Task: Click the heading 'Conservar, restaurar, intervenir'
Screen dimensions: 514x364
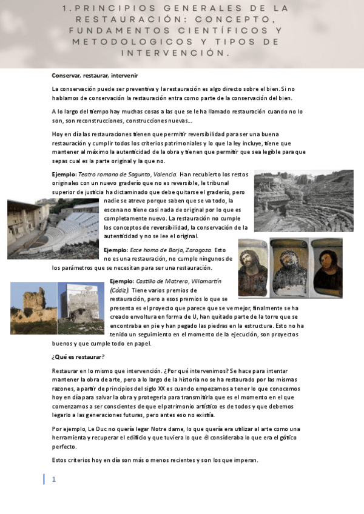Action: click(x=95, y=76)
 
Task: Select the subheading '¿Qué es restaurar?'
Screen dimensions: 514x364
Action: click(x=78, y=356)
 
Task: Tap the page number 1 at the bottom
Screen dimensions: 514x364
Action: click(x=53, y=479)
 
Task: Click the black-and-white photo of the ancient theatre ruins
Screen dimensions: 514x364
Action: click(x=303, y=201)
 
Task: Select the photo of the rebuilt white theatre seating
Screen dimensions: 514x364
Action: click(x=53, y=228)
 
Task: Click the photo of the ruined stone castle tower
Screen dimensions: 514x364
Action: click(x=34, y=308)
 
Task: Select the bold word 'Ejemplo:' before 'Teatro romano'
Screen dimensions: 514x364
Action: click(x=64, y=175)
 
